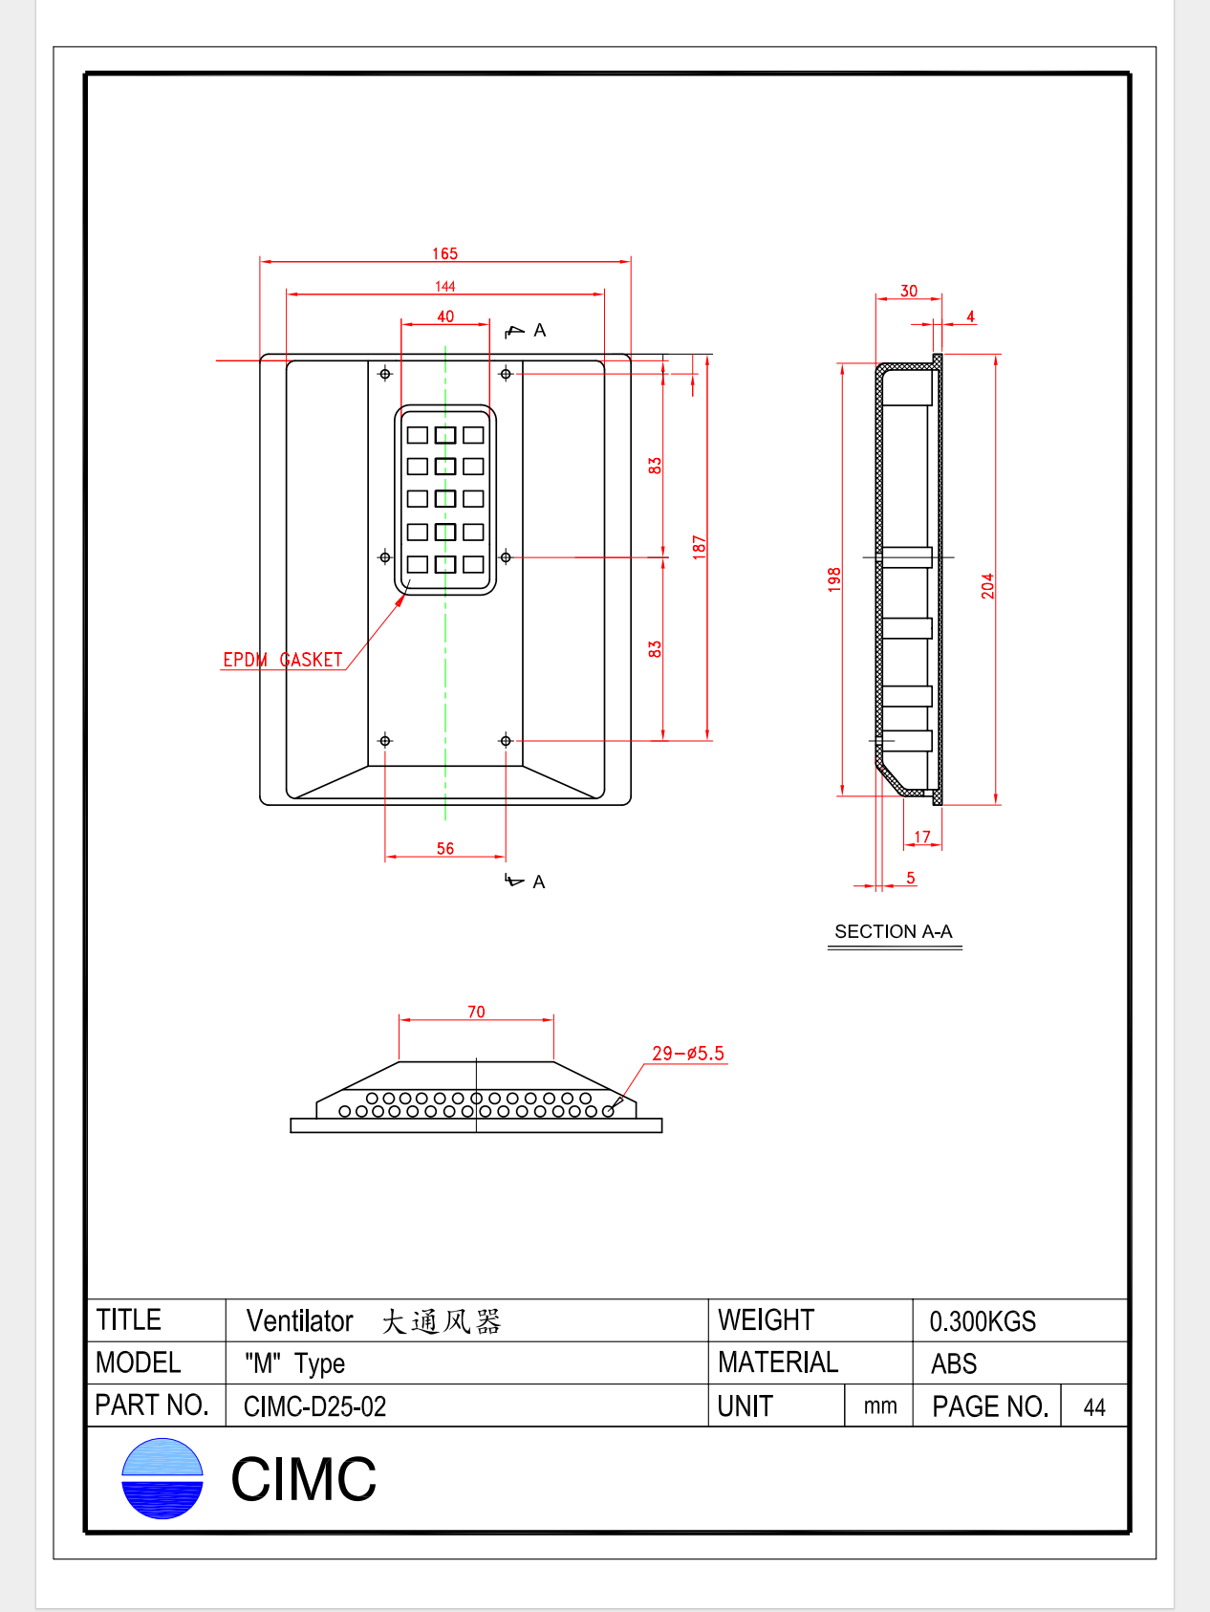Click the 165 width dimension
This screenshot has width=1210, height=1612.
pos(444,253)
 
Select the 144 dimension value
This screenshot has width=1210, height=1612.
pos(444,286)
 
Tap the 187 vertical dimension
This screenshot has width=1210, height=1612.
pos(700,546)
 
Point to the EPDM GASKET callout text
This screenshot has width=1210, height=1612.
pos(283,660)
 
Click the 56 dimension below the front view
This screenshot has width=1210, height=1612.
pos(444,848)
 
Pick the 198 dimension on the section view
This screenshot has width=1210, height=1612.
pos(834,579)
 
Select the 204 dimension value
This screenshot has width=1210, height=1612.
pos(987,586)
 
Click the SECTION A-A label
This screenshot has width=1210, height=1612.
pos(894,931)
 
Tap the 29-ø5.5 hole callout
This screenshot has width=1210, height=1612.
pos(688,1053)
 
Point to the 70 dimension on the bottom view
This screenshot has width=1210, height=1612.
pos(476,1012)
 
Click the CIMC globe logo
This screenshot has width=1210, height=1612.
pos(162,1478)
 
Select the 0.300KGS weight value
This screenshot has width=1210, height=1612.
pos(983,1321)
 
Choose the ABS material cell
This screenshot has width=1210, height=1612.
pos(954,1363)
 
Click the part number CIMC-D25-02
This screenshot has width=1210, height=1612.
pos(315,1406)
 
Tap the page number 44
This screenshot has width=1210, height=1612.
pos(1094,1407)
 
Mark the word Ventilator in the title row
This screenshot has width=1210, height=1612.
pos(300,1321)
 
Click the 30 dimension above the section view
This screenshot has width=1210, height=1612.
pos(909,291)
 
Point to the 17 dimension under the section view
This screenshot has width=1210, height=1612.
pos(921,837)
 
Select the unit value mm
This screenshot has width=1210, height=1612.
pos(880,1406)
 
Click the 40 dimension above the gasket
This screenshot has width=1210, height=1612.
pos(445,316)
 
